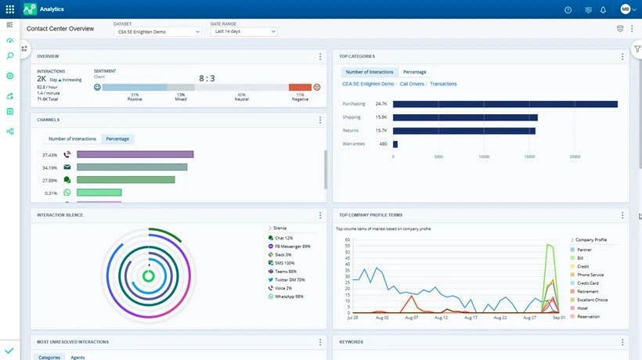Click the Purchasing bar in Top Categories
505,103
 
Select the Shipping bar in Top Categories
465,117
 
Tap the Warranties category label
354,144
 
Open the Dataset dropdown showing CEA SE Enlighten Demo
157,31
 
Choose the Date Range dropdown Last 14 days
243,31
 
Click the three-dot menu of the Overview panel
320,56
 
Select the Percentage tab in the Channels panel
117,139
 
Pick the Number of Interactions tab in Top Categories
370,72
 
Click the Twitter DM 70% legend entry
288,279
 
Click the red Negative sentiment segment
299,87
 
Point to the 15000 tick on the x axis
529,157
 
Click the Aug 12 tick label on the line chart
441,318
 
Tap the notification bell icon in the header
603,9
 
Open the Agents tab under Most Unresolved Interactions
78,357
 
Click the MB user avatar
626,9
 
